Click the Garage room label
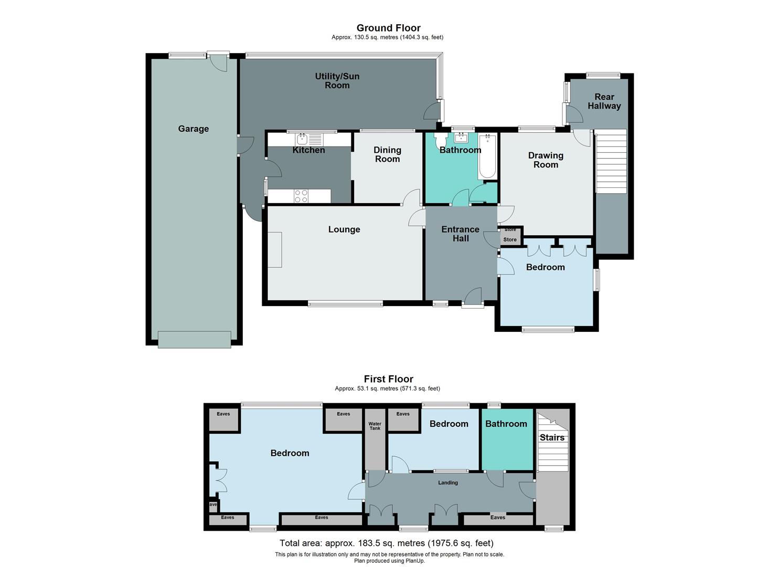click(193, 129)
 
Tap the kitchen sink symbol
click(302, 139)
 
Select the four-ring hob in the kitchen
click(301, 196)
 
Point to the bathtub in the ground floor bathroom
click(487, 156)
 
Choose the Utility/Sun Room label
click(337, 81)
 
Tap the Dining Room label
click(387, 154)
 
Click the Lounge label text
click(344, 229)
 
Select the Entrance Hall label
click(460, 234)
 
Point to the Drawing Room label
click(546, 160)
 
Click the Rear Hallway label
click(604, 101)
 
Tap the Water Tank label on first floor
click(375, 426)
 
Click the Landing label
click(448, 482)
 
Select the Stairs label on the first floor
click(552, 437)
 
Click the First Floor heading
click(388, 379)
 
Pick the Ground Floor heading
click(388, 28)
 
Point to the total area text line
click(387, 543)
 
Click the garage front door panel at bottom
click(194, 339)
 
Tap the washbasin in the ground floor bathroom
click(461, 138)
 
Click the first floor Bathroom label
click(506, 424)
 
